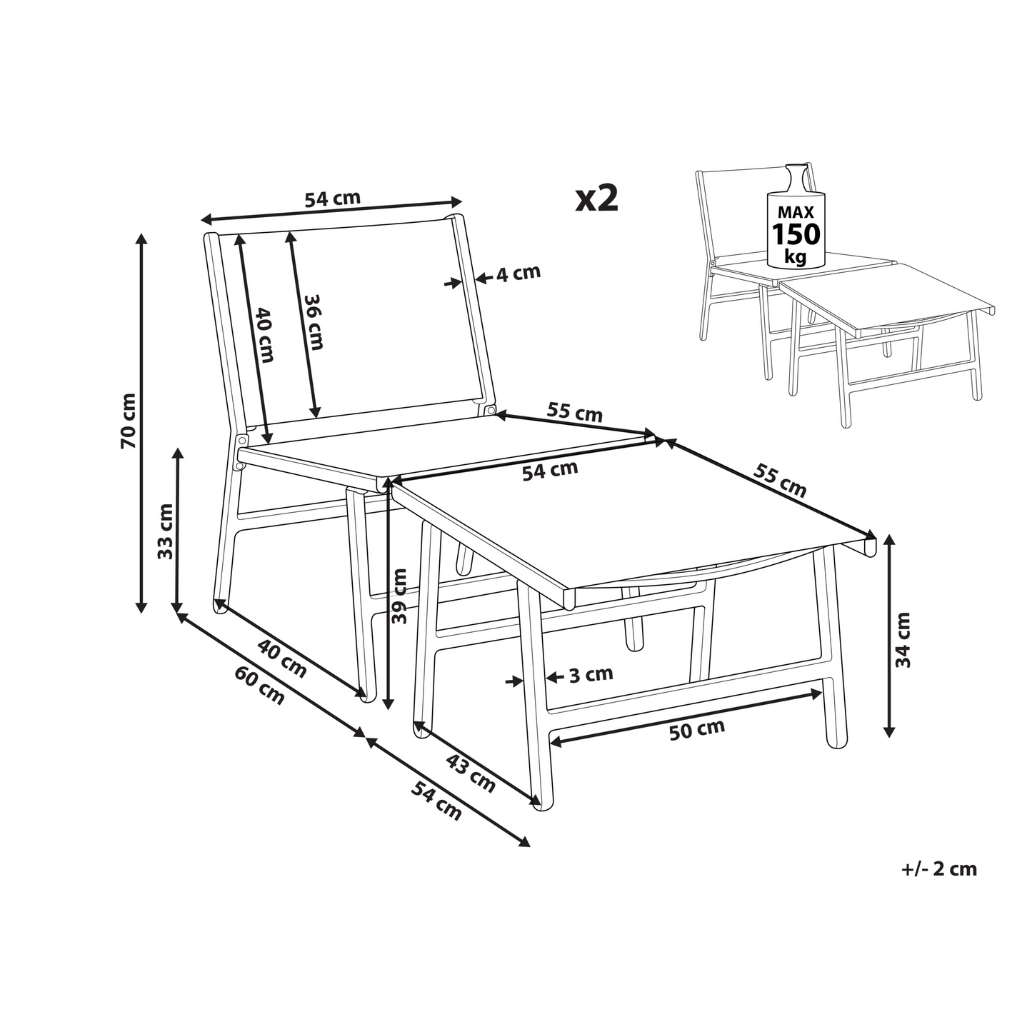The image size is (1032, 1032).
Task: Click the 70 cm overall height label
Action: [x=129, y=421]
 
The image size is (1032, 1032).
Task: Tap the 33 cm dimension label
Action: [x=166, y=532]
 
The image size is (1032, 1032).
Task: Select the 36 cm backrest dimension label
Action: [x=314, y=322]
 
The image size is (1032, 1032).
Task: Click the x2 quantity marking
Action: [x=596, y=198]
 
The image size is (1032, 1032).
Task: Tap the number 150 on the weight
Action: [x=796, y=234]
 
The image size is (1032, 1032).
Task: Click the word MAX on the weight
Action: [x=796, y=212]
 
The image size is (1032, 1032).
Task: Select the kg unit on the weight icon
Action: [x=795, y=257]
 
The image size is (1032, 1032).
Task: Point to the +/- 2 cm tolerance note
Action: [x=939, y=883]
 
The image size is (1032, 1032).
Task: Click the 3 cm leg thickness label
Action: [x=591, y=674]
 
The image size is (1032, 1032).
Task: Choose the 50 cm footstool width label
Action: [x=697, y=731]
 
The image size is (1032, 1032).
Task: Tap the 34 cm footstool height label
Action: [x=903, y=639]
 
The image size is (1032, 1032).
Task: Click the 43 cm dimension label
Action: [x=471, y=773]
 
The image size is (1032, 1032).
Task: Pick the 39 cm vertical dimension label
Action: [x=399, y=596]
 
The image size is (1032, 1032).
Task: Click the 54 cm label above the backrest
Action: [x=333, y=199]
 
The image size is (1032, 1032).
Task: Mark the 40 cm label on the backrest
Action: [x=264, y=334]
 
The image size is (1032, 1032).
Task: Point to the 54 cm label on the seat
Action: [x=550, y=470]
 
